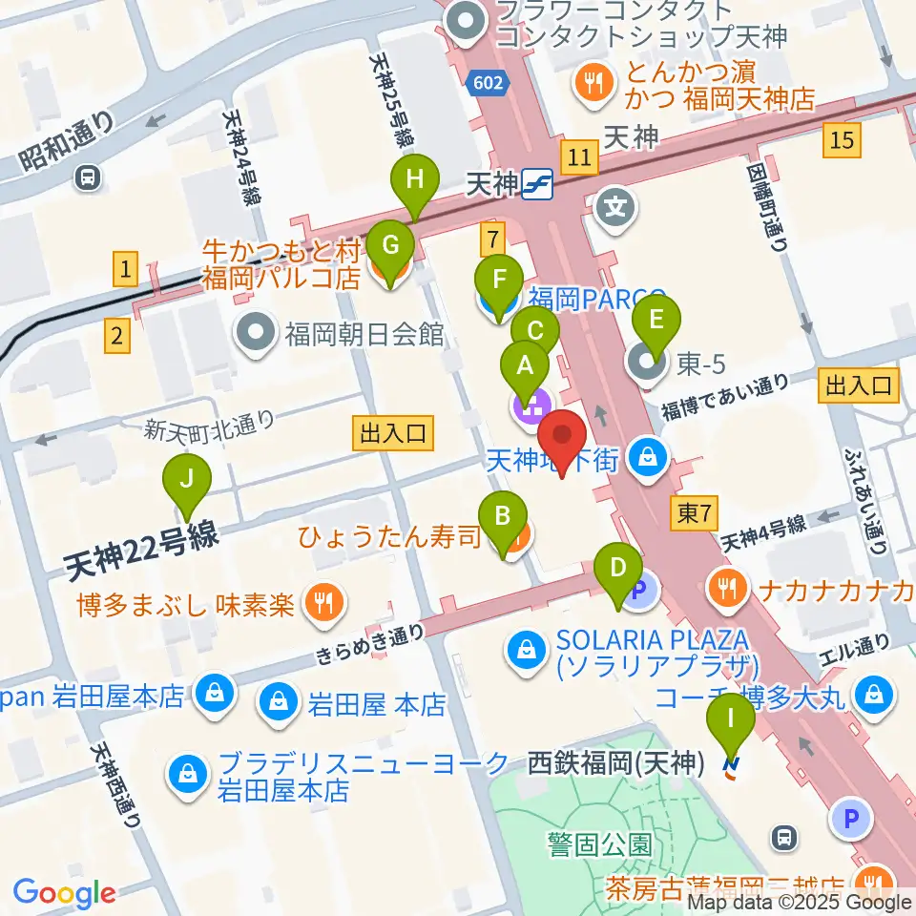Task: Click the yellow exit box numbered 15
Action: (x=841, y=141)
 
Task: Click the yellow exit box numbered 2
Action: (x=116, y=335)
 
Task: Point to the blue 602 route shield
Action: (x=487, y=85)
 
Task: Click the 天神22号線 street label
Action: (x=143, y=552)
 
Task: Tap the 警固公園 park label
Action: (x=600, y=843)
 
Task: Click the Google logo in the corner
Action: (x=65, y=892)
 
